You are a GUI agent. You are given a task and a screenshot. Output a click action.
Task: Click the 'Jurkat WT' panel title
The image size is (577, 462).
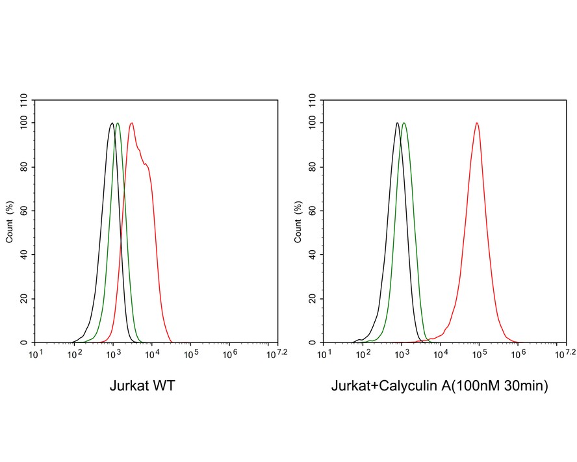point(142,387)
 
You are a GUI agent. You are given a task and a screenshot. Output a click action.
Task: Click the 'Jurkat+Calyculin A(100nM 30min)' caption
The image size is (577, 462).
point(440,387)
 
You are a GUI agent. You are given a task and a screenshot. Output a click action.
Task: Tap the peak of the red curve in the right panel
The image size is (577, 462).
point(478,123)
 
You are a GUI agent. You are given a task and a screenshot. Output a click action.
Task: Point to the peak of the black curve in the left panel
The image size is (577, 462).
point(112,123)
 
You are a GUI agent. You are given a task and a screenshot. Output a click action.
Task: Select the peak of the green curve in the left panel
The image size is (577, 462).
point(118,123)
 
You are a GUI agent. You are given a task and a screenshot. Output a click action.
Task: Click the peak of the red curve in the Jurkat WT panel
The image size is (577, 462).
point(132,123)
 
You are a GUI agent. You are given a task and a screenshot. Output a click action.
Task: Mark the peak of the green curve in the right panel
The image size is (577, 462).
point(404,123)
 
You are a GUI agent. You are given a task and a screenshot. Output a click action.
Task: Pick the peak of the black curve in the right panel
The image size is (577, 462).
point(397,123)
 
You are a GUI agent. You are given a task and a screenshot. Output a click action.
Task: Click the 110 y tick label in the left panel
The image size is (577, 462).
point(24,100)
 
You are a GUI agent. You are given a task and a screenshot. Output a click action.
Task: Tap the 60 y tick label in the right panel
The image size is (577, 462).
point(313,211)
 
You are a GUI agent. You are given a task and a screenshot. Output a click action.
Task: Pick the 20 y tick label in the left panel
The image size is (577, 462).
point(24,299)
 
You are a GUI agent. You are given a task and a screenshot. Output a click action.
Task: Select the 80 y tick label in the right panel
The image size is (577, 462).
point(313,166)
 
